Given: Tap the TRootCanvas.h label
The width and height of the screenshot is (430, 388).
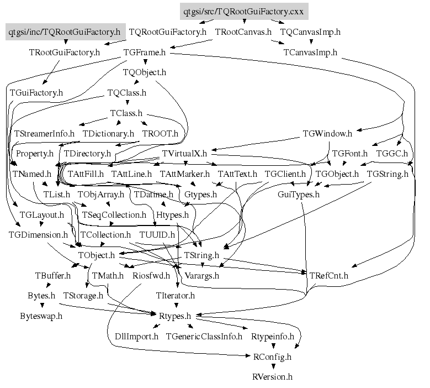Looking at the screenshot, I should click(x=243, y=32).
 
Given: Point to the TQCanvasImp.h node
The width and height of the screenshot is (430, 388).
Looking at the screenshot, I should click(x=310, y=32).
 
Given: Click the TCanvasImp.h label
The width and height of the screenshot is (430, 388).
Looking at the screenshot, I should click(x=310, y=53).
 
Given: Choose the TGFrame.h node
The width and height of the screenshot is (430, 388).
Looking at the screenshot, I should click(x=144, y=53).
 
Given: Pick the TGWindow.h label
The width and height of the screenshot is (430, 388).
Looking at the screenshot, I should click(x=328, y=133).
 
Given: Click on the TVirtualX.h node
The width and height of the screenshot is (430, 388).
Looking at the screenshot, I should click(x=184, y=153).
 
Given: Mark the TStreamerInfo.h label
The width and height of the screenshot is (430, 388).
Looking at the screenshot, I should click(x=44, y=133).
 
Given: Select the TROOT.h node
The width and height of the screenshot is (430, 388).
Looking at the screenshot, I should click(x=160, y=133).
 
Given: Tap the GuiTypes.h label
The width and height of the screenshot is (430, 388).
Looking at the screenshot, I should click(x=298, y=195).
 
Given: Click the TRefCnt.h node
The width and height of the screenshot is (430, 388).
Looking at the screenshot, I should click(x=328, y=275).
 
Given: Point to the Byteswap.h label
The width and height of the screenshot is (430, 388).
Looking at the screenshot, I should click(x=41, y=316).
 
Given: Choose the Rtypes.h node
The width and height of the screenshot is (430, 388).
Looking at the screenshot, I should click(x=174, y=316).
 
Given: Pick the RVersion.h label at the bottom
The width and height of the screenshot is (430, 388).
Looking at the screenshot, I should click(x=272, y=377).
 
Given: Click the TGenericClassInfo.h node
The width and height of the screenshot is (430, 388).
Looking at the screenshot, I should click(x=204, y=336).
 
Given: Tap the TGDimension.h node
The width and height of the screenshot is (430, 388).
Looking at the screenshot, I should click(x=38, y=234).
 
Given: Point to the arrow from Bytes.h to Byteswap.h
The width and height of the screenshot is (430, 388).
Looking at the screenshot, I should click(x=41, y=306).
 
